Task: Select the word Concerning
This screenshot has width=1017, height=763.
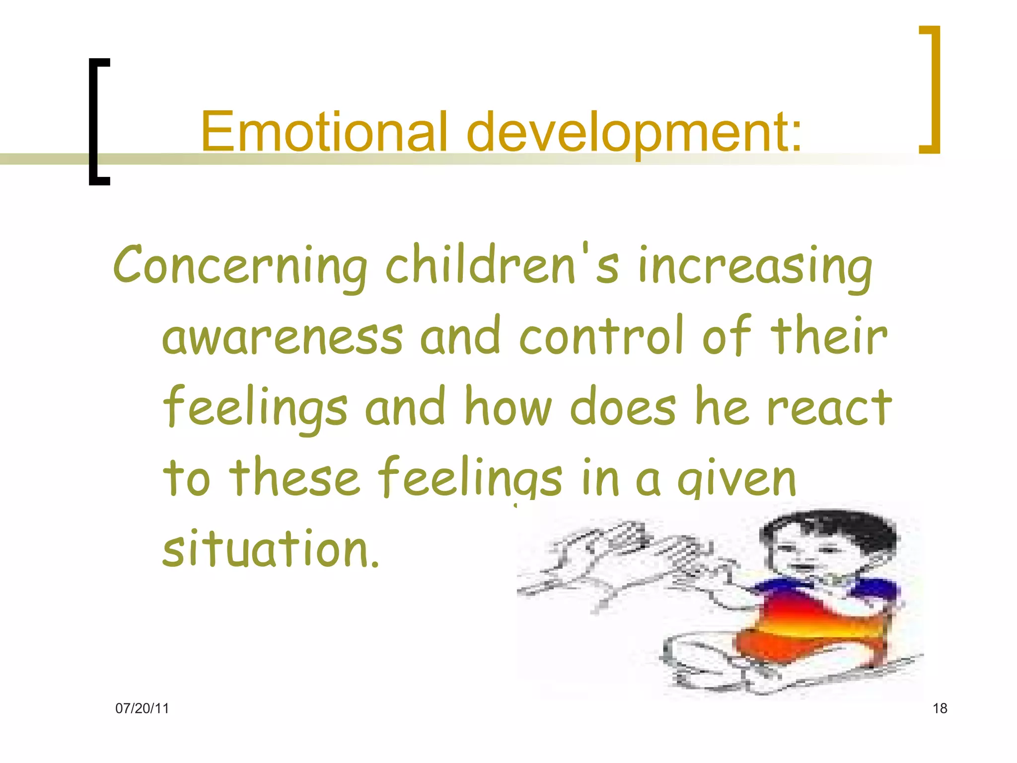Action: click(240, 266)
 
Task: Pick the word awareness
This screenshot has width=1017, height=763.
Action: click(283, 336)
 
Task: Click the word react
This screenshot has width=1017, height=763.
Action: click(829, 407)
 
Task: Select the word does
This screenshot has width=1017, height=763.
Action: click(623, 407)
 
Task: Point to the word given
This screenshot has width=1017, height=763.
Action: click(737, 478)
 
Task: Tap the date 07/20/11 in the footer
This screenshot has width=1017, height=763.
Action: click(142, 708)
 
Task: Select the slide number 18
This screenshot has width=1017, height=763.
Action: click(940, 708)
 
